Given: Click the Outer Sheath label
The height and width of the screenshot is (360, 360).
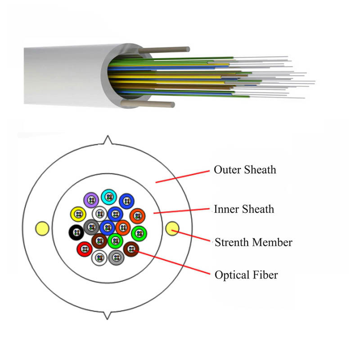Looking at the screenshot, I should point(244,170).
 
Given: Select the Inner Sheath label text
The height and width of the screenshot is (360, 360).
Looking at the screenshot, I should point(243,209).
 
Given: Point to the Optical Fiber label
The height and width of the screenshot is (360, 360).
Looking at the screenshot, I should point(246,274).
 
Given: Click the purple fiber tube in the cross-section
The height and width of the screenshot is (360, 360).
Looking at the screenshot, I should point(91,199).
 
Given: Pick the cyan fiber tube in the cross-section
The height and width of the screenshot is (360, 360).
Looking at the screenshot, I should point(108,197).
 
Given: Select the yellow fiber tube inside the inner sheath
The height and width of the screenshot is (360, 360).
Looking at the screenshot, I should point(78,214).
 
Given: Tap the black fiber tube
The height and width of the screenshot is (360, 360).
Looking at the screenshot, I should point(75,233).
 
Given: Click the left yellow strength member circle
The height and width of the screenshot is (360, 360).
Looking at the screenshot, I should point(42,228).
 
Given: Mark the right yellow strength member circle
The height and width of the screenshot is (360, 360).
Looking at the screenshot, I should point(172,229).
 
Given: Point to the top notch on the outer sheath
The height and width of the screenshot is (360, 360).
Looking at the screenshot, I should point(107,139).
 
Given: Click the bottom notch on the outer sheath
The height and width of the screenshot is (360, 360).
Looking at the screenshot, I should point(107,315).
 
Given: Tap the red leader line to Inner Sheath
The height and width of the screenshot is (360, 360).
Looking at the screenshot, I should point(182,211).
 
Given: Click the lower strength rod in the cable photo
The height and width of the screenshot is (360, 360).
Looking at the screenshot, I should point(148,104).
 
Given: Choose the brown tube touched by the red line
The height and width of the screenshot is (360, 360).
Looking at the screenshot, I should point(130,248).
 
